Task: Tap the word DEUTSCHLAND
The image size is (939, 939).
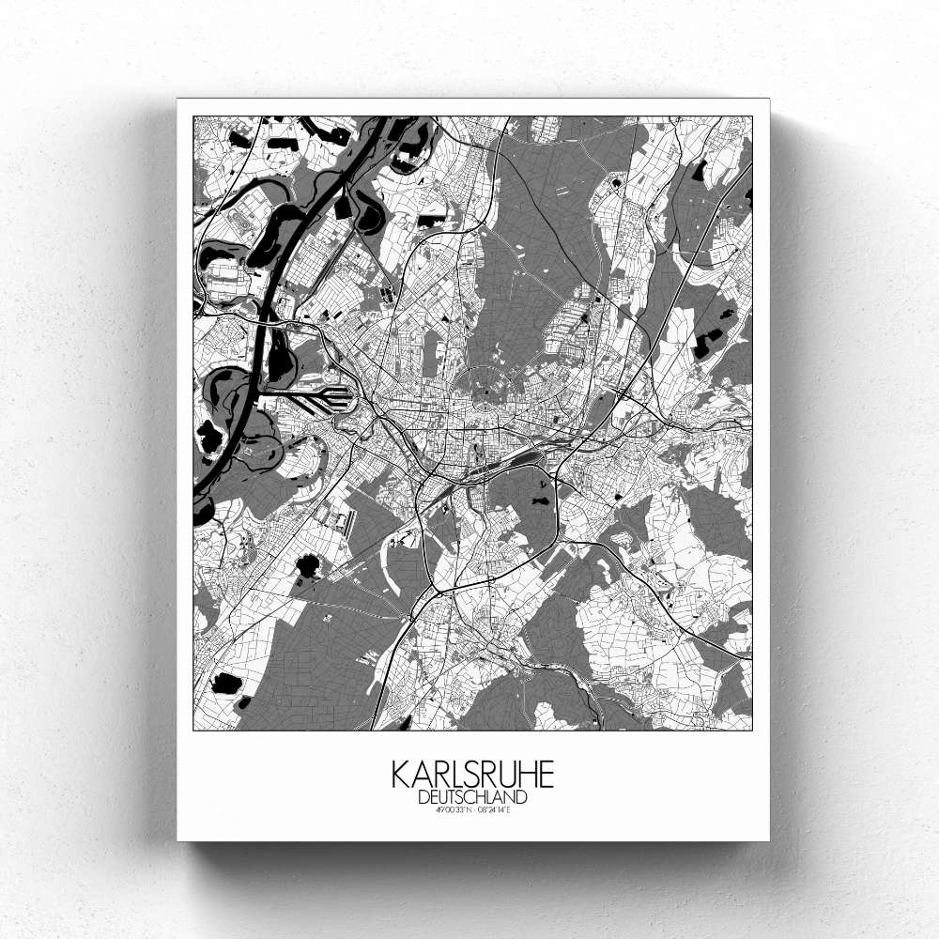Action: pos(472,797)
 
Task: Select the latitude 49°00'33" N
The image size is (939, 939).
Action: pos(452,809)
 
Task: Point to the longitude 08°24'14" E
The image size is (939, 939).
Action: pos(495,809)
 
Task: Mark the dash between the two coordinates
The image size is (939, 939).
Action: pos(472,809)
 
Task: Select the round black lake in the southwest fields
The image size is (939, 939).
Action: pos(307,565)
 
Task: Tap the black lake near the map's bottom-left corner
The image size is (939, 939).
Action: pos(224,683)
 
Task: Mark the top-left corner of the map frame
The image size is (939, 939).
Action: pos(193,116)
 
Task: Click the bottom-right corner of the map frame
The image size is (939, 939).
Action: pos(752,730)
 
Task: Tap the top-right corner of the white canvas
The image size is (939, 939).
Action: pos(768,100)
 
